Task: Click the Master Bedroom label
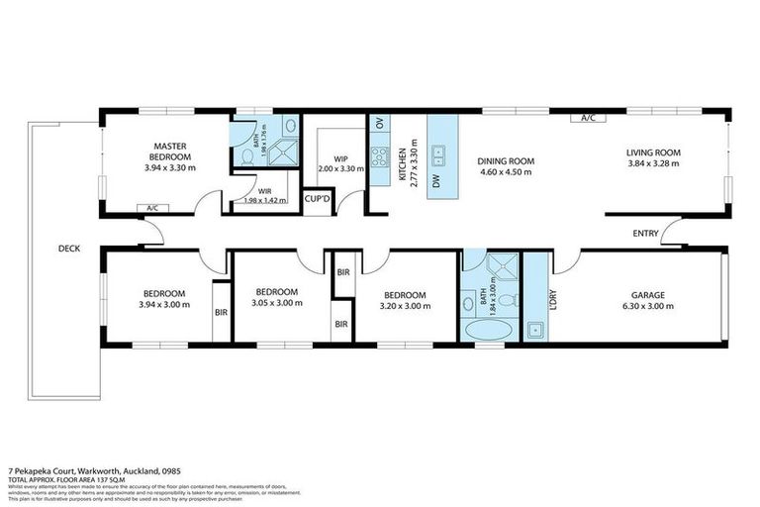(170, 152)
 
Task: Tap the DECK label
(68, 249)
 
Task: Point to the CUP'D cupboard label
(318, 200)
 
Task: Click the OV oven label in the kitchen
(379, 124)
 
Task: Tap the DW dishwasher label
(435, 180)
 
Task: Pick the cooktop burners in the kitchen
(379, 155)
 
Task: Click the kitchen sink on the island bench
(438, 153)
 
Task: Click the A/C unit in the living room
(587, 118)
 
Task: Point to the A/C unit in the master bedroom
(152, 208)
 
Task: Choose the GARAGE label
(648, 295)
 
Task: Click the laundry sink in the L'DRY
(535, 329)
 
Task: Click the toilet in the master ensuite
(247, 156)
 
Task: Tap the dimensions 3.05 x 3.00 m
(276, 305)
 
